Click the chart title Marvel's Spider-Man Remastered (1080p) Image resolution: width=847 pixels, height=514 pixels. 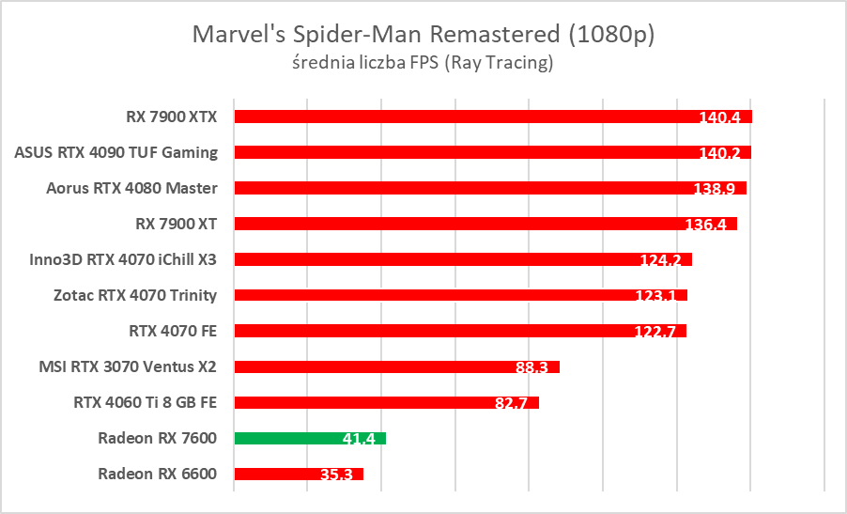click(x=423, y=36)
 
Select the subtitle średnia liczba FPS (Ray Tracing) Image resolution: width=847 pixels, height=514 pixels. click(x=423, y=64)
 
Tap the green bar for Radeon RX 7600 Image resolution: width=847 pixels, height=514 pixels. click(x=310, y=438)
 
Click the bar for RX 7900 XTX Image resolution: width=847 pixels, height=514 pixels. click(x=493, y=117)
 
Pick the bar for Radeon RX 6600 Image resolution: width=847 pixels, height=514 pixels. click(x=299, y=474)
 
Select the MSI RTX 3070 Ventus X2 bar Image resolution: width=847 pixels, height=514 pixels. click(x=396, y=366)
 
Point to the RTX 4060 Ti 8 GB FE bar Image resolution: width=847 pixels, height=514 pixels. click(x=386, y=402)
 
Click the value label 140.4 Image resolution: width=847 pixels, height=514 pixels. click(x=720, y=118)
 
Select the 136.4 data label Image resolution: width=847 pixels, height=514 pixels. click(x=705, y=225)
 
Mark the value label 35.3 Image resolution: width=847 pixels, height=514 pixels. click(x=336, y=475)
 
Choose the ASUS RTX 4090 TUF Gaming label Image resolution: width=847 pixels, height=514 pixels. click(x=116, y=152)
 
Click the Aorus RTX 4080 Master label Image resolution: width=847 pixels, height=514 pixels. click(x=131, y=188)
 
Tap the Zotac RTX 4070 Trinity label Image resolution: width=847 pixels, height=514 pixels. click(x=135, y=295)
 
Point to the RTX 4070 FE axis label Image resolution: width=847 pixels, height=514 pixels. click(x=173, y=331)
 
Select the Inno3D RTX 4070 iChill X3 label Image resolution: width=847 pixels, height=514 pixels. click(x=123, y=259)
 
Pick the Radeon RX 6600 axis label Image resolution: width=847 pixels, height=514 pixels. click(x=157, y=474)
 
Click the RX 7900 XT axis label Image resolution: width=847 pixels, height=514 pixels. click(x=177, y=224)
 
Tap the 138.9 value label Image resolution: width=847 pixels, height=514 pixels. click(x=715, y=189)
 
